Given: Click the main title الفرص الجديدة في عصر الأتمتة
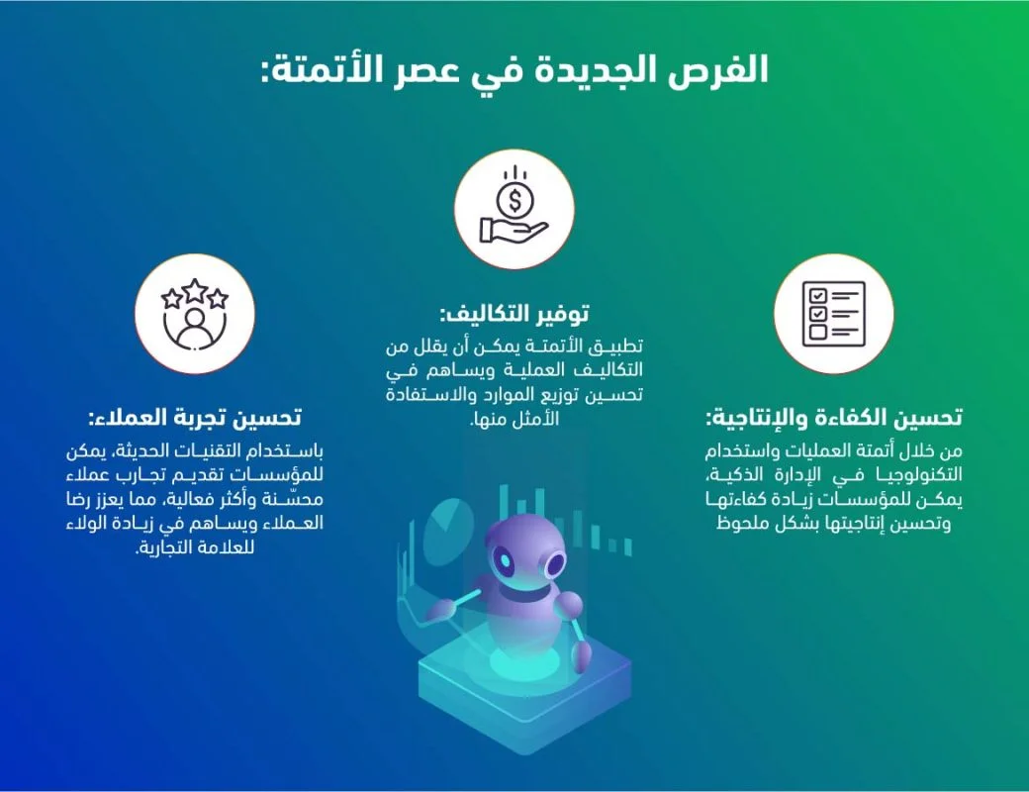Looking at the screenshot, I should click(x=514, y=71).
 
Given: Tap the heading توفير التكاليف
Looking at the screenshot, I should click(x=514, y=314).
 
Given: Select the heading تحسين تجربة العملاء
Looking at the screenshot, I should click(x=195, y=416).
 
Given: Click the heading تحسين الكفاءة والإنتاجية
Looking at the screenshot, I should click(x=834, y=416).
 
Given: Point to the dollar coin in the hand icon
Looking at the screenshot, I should click(x=514, y=198).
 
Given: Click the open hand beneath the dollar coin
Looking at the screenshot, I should click(x=509, y=230).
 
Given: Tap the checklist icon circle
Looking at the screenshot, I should click(x=834, y=312).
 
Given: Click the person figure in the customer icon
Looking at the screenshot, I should click(x=195, y=327).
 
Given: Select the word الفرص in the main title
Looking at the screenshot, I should click(x=726, y=71).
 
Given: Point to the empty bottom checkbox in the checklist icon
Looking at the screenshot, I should click(x=817, y=333).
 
